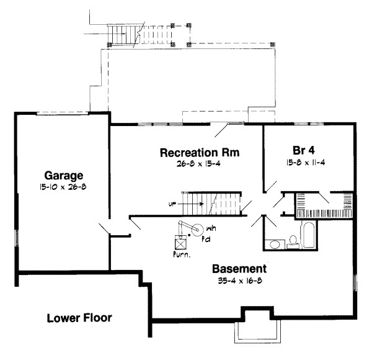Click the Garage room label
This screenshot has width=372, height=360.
tap(60, 175)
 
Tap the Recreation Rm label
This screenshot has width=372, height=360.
tap(191, 153)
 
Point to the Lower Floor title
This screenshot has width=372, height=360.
tap(79, 319)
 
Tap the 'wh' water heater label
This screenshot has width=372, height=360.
tap(211, 227)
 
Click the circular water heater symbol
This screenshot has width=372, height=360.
tap(198, 230)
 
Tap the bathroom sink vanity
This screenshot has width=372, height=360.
tap(272, 243)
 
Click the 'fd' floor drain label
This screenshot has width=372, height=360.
tap(211, 236)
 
